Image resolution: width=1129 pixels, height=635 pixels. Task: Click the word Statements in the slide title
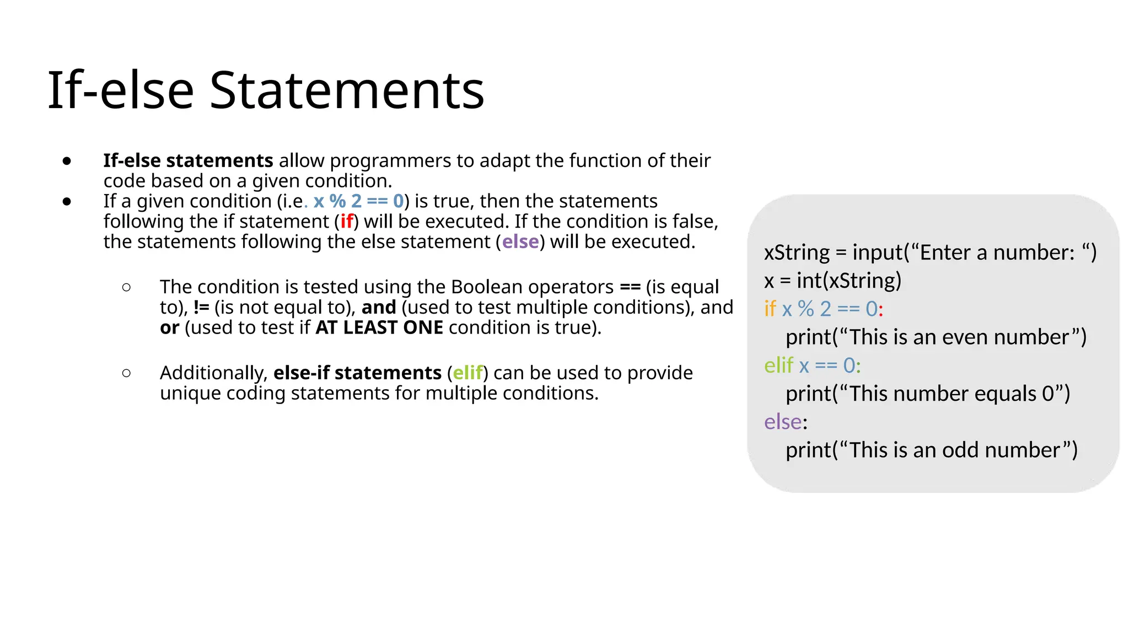click(347, 90)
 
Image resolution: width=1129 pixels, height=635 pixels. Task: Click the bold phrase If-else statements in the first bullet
click(188, 160)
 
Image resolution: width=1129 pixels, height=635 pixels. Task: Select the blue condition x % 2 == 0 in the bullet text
click(358, 201)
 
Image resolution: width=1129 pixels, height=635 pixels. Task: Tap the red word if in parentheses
click(347, 222)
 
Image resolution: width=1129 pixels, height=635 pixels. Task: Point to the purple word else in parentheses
click(520, 242)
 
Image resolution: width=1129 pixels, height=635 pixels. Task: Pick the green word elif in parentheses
click(467, 373)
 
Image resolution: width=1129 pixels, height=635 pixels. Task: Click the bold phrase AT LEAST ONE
click(379, 328)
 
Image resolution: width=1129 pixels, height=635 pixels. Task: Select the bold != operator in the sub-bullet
click(201, 308)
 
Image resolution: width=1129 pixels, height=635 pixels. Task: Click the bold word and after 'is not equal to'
click(379, 308)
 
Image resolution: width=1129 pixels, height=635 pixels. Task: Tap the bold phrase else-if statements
click(357, 373)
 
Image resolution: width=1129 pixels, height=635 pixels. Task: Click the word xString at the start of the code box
click(797, 253)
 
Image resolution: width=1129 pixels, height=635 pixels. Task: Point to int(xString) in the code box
click(848, 281)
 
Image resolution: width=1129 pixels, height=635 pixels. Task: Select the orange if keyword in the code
click(770, 309)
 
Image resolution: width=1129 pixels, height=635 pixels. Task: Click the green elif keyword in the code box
click(778, 365)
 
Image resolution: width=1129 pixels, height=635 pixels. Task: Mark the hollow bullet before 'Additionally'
click(126, 373)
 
